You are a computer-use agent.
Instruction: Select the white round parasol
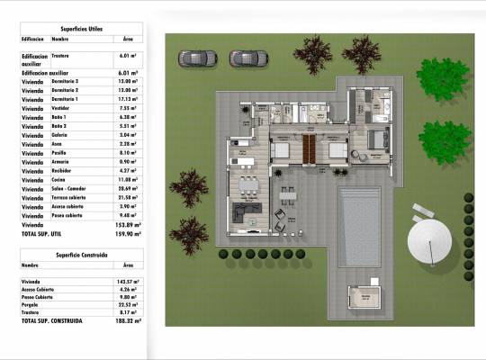click(429, 241)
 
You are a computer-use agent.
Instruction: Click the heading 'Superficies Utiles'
click(81, 29)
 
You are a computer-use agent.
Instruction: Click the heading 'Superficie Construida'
click(82, 255)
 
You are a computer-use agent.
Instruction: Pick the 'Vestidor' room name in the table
click(65, 108)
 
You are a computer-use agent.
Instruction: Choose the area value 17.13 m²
click(128, 99)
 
